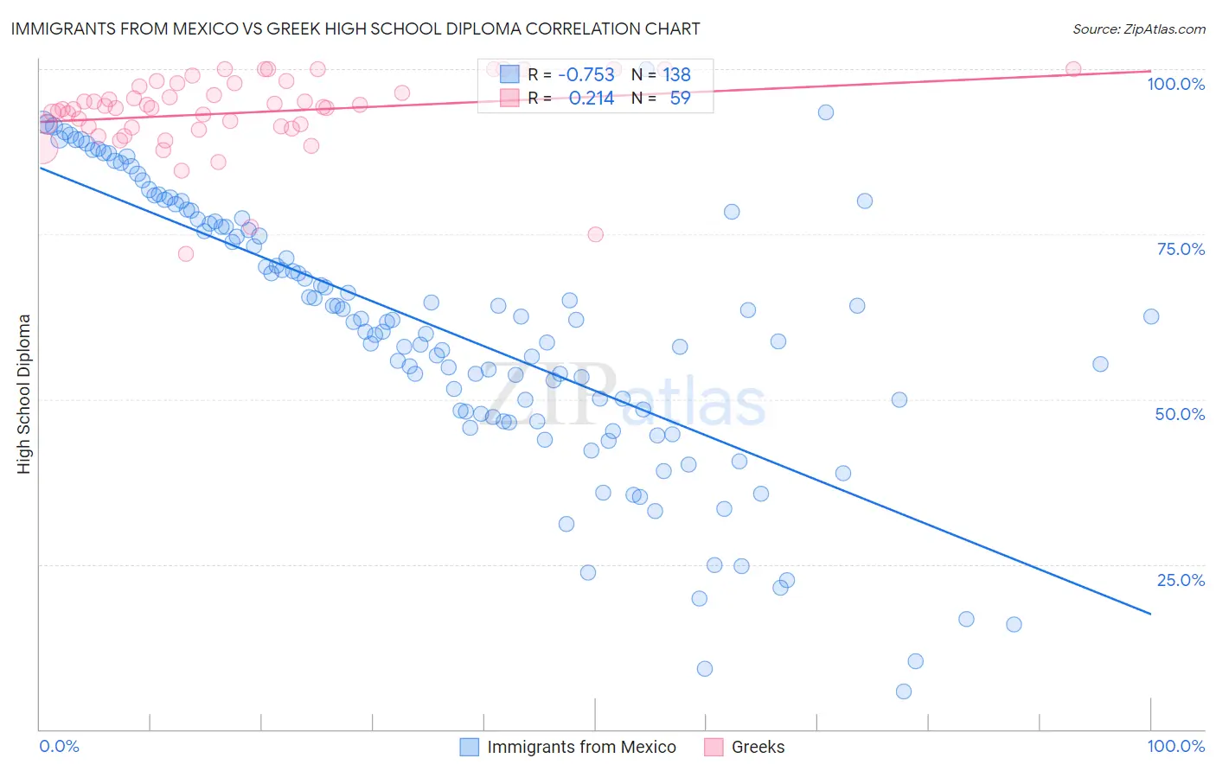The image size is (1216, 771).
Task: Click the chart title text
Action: tap(355, 29)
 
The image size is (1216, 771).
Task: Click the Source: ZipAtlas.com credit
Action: tap(1138, 29)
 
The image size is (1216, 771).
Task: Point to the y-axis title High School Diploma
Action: tap(24, 393)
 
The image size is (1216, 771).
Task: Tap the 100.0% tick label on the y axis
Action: tap(1175, 84)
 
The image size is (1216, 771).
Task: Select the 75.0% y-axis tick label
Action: tap(1181, 249)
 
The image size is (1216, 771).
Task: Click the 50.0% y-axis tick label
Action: tap(1180, 414)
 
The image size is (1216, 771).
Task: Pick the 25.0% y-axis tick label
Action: tap(1181, 580)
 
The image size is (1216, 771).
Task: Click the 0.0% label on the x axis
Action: tap(60, 746)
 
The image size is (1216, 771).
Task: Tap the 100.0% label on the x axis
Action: tap(1175, 746)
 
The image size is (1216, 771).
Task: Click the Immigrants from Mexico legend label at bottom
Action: tap(581, 747)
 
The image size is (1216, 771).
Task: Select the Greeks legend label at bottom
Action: tap(758, 747)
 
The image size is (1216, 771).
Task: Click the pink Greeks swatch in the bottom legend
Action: tap(714, 747)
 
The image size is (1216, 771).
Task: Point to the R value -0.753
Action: tap(586, 74)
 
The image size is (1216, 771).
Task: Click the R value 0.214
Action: tap(592, 98)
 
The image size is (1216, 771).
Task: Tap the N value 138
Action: tap(676, 74)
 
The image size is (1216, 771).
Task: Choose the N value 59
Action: tap(680, 98)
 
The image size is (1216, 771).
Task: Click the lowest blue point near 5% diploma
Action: tap(904, 691)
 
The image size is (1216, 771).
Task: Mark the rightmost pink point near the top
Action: tap(1073, 69)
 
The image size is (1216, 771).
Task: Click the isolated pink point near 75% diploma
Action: tap(595, 234)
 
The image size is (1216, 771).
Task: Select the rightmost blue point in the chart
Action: tap(1151, 316)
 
